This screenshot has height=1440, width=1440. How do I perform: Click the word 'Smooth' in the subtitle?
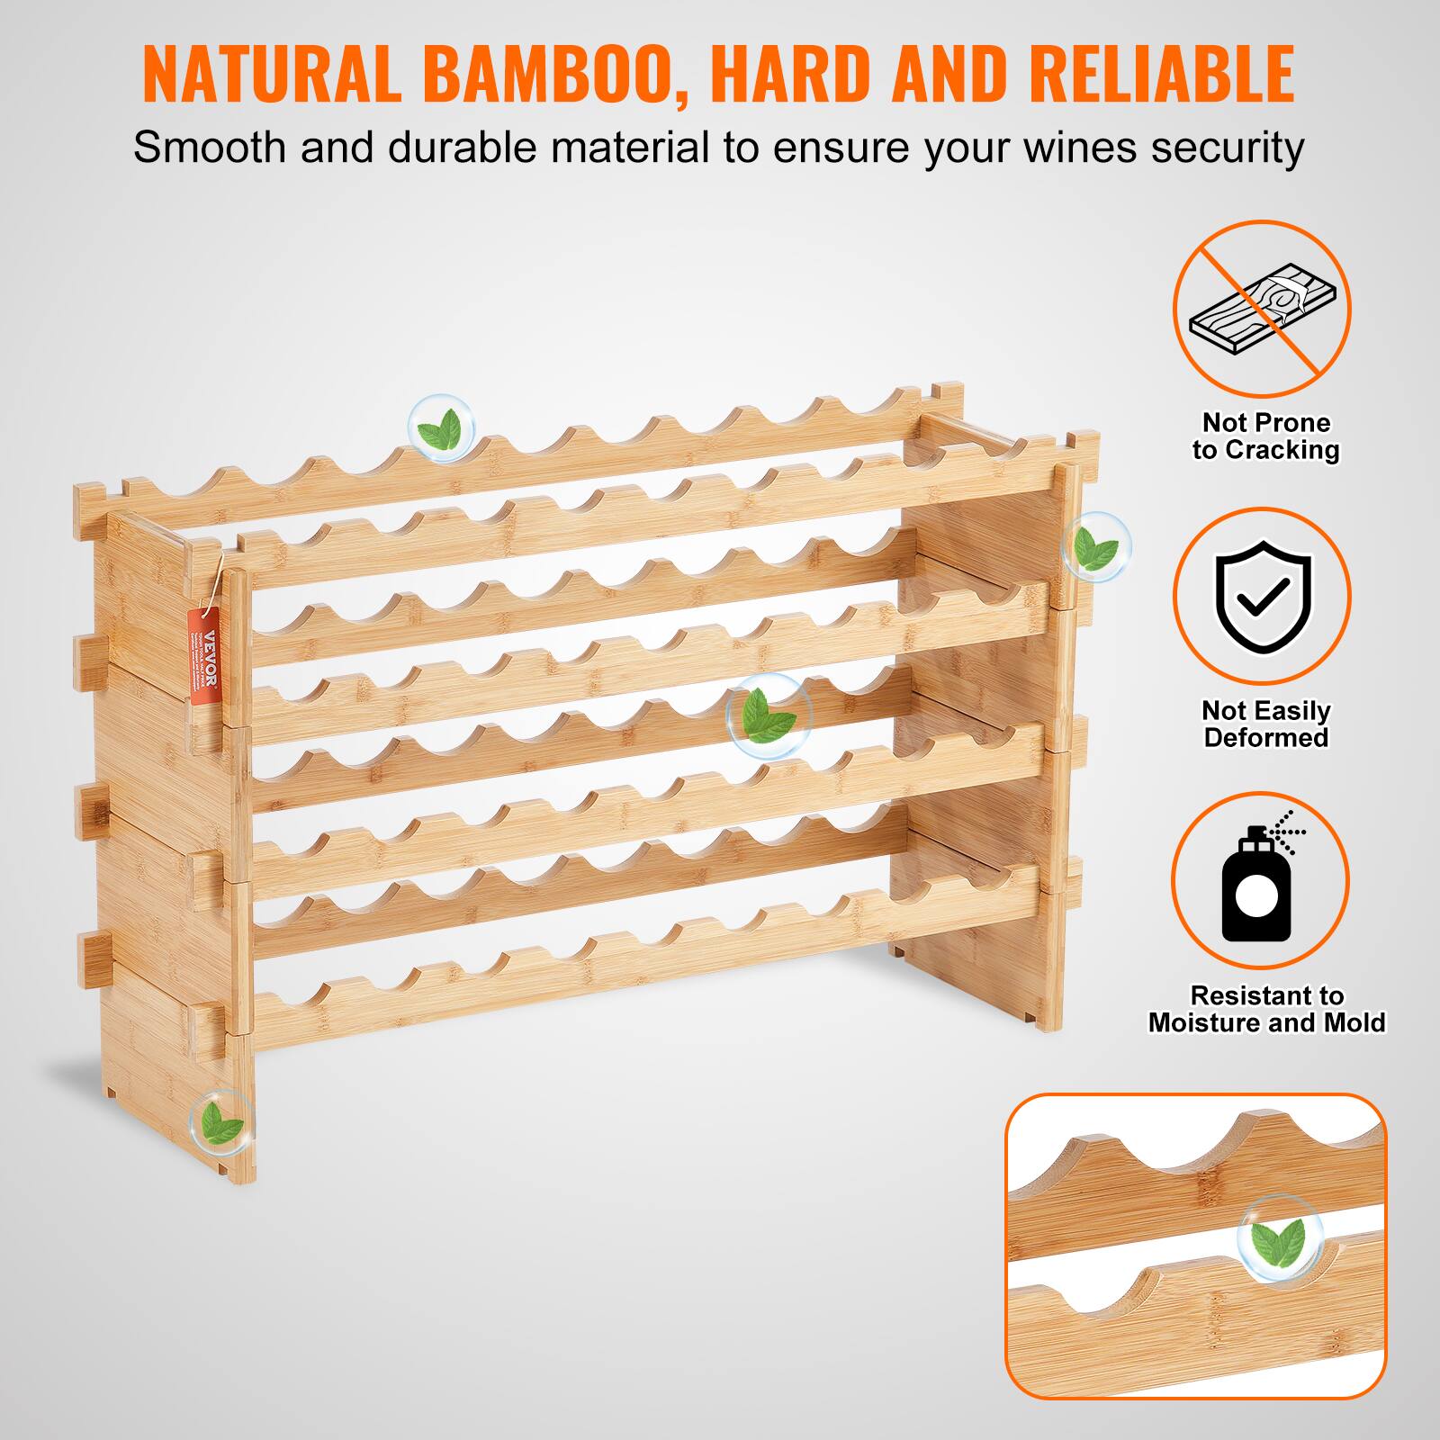tap(210, 147)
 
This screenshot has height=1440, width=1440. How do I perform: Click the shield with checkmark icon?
tap(1262, 596)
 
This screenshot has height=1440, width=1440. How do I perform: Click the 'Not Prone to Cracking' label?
tap(1265, 436)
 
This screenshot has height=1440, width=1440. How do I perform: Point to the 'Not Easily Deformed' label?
tap(1265, 724)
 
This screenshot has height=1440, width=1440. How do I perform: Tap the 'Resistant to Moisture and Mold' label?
tap(1265, 1009)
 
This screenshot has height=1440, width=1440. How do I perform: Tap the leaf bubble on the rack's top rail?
tap(442, 428)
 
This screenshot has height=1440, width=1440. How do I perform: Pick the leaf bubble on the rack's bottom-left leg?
tap(220, 1122)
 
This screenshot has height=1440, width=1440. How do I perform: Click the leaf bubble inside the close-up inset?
tap(1279, 1238)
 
